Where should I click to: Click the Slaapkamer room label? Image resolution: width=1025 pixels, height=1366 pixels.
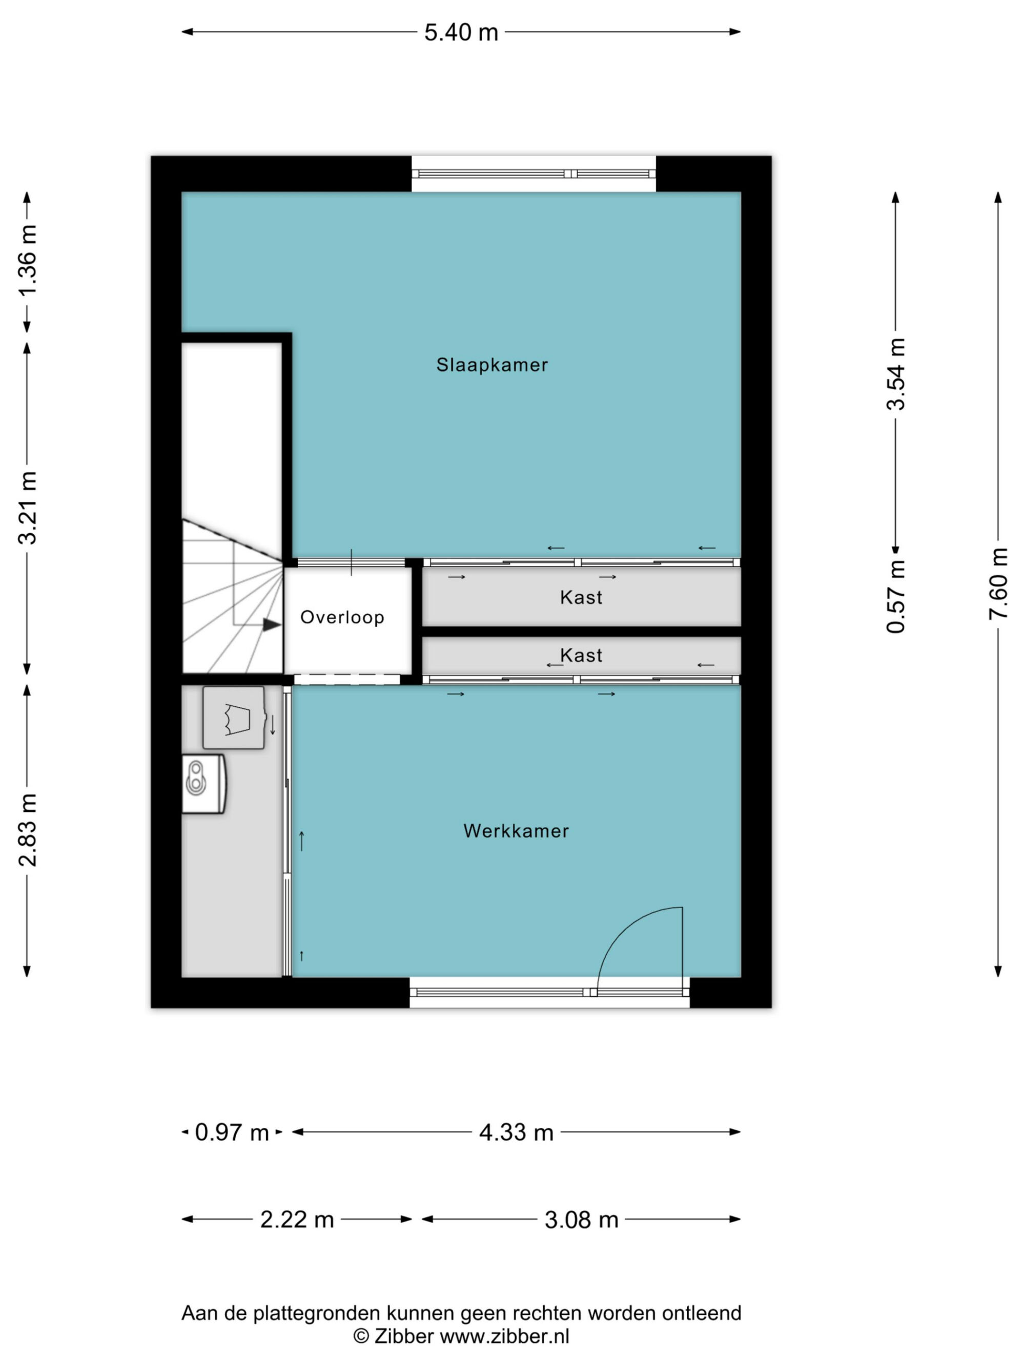point(492,365)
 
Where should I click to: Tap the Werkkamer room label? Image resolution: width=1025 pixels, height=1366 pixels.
point(516,831)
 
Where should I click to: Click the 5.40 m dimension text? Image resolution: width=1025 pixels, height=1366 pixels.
point(461,32)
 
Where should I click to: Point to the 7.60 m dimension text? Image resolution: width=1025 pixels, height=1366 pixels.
point(998,583)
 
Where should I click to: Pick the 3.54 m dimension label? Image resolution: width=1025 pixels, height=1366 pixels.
point(896,374)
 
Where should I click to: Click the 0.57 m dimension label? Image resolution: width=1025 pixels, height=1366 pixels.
point(896,597)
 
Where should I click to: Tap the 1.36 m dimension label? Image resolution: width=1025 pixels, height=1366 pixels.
point(27,261)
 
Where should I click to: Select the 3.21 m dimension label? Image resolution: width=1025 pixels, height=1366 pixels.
point(27,508)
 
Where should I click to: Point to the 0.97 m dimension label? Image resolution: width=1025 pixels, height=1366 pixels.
point(232,1132)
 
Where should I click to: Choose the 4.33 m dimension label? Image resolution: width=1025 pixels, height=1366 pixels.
point(516,1132)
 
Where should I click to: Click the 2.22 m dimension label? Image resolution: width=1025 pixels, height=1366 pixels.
point(297,1220)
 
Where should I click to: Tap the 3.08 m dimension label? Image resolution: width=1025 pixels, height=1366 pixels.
point(581,1220)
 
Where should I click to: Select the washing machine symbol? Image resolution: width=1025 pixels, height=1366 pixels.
point(234,718)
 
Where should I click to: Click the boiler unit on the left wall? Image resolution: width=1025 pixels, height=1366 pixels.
point(204,784)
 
